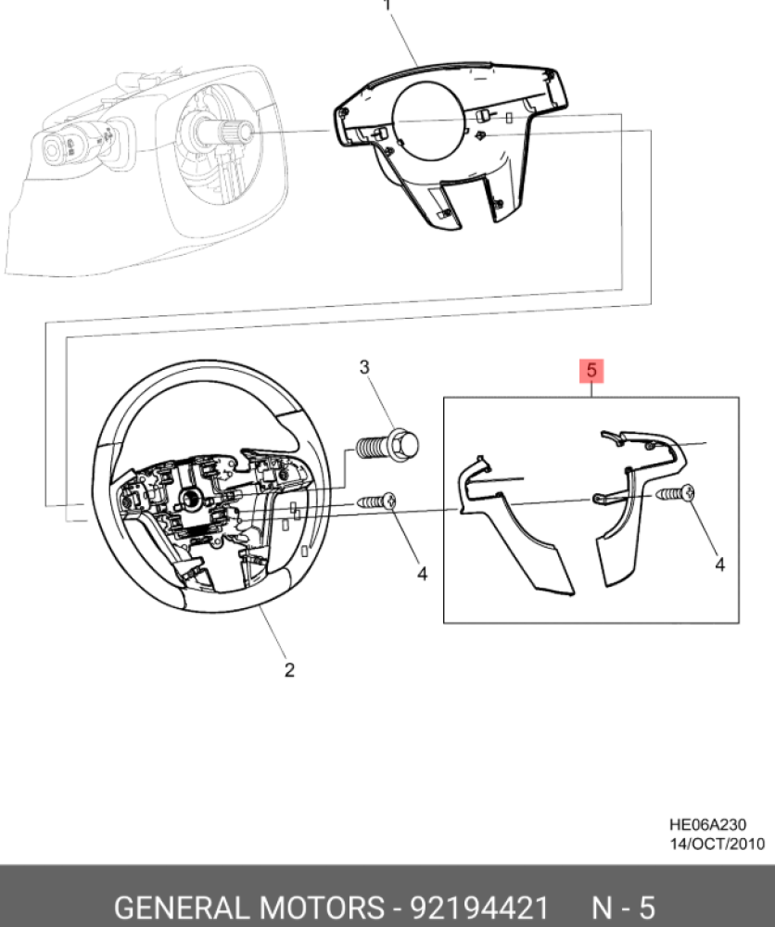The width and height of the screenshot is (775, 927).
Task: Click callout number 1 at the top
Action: pyautogui.click(x=387, y=6)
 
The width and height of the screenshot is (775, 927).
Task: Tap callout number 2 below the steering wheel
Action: pyautogui.click(x=288, y=670)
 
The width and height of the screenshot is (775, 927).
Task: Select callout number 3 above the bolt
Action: pyautogui.click(x=365, y=368)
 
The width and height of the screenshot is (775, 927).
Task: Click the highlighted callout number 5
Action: pyautogui.click(x=591, y=372)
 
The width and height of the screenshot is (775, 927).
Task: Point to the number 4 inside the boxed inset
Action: pyautogui.click(x=719, y=563)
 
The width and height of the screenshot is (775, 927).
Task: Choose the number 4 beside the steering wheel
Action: pyautogui.click(x=422, y=574)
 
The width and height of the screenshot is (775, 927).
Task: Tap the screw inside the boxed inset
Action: pyautogui.click(x=677, y=494)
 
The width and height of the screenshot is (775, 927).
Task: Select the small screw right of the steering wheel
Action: pyautogui.click(x=377, y=501)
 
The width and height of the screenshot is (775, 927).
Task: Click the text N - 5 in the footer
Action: pyautogui.click(x=623, y=906)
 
